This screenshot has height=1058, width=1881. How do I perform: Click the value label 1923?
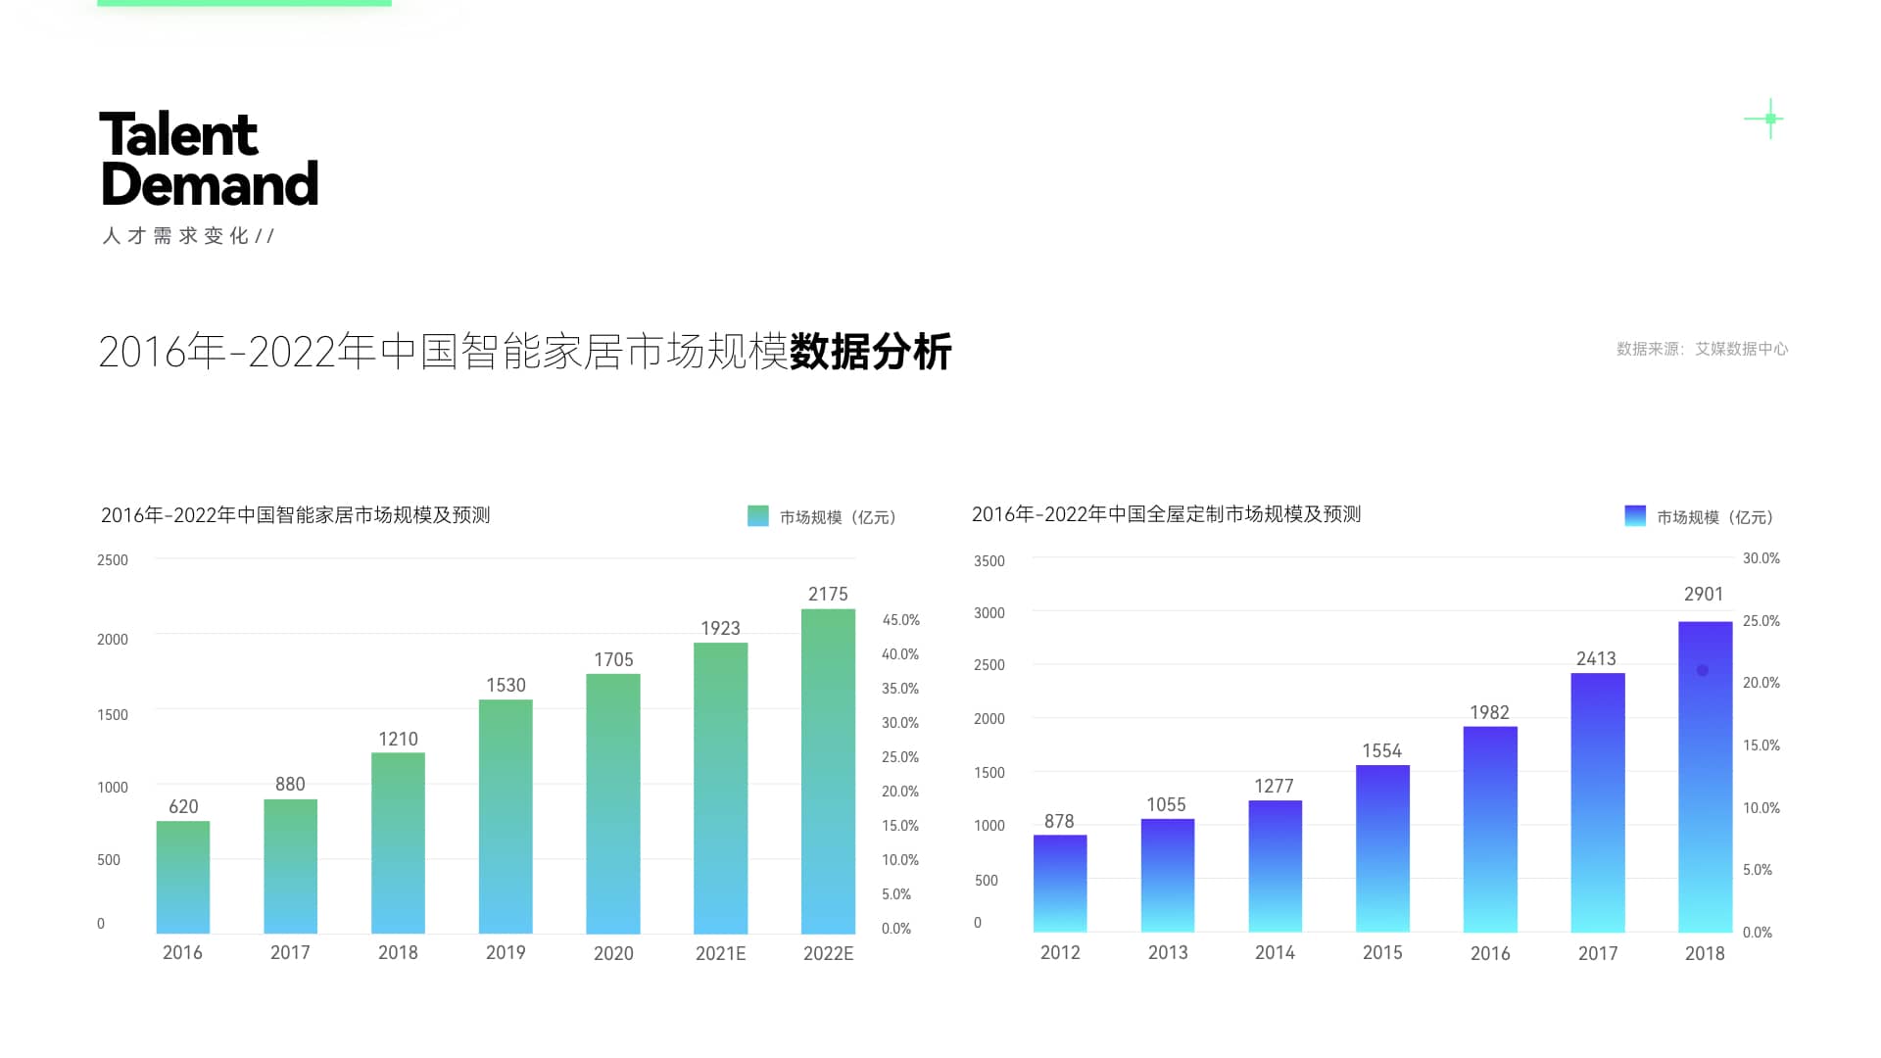[720, 629]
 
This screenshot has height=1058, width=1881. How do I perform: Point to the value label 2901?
[1704, 595]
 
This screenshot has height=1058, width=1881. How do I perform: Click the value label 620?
[183, 807]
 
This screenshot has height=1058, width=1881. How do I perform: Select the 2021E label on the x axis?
[720, 953]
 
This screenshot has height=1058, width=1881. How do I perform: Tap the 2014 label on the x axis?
[1275, 953]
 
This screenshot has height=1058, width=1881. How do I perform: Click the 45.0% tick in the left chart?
[900, 620]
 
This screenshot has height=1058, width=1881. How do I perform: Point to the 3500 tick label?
[989, 561]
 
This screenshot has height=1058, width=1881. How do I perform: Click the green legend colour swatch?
[758, 516]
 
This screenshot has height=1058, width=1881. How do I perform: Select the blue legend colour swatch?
[1635, 516]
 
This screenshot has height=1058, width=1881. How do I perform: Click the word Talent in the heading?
[178, 135]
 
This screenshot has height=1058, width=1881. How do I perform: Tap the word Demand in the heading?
[210, 184]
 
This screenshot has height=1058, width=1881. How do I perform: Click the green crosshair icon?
[1769, 119]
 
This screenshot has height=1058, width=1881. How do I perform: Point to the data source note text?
[1702, 349]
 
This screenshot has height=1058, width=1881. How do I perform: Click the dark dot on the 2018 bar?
[1703, 671]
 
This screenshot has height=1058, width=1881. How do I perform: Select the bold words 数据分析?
[870, 353]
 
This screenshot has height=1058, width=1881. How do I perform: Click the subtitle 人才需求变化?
[176, 236]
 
